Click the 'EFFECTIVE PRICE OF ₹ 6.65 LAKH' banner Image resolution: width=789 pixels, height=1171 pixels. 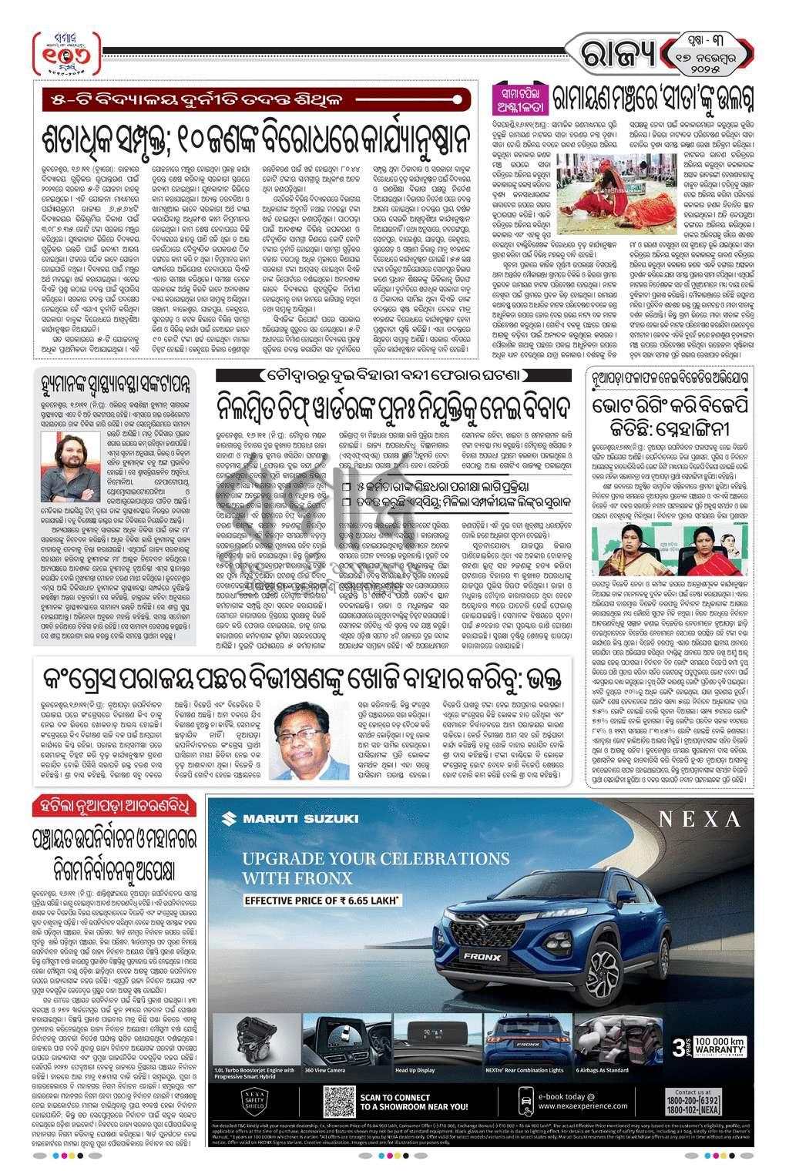(x=322, y=899)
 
